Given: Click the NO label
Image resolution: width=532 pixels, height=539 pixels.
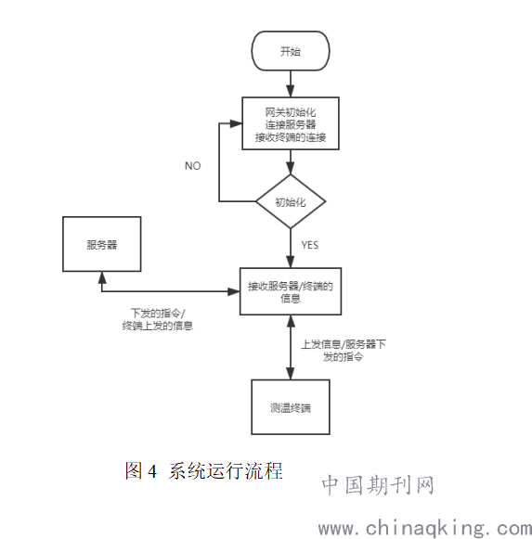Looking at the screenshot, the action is (x=193, y=166).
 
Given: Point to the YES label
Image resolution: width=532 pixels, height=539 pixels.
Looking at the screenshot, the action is (x=310, y=245).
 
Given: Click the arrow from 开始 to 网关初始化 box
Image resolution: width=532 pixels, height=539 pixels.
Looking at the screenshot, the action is (x=291, y=83).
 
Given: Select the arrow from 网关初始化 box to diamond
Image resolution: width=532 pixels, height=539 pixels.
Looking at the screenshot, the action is (x=291, y=162).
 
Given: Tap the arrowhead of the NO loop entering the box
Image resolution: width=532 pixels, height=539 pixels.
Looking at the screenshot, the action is (x=236, y=123).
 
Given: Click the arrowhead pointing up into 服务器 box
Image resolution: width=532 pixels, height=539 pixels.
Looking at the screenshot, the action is (x=102, y=277).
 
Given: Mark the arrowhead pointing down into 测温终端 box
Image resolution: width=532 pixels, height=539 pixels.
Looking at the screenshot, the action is (x=291, y=374).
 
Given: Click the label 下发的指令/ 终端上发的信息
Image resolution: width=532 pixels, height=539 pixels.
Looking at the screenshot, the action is (x=158, y=319).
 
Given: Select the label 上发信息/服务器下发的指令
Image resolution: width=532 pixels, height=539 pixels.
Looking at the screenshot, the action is (x=344, y=351).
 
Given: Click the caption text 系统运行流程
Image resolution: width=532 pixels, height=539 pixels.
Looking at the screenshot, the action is (x=226, y=470).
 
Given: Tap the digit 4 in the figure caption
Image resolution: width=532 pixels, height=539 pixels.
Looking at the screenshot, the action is (x=152, y=471).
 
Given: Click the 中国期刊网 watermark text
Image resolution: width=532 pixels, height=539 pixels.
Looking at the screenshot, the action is (x=378, y=485).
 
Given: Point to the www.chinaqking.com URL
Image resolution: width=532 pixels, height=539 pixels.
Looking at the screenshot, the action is (x=425, y=529).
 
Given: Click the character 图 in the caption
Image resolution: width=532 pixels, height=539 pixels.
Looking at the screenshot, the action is (x=134, y=470).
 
